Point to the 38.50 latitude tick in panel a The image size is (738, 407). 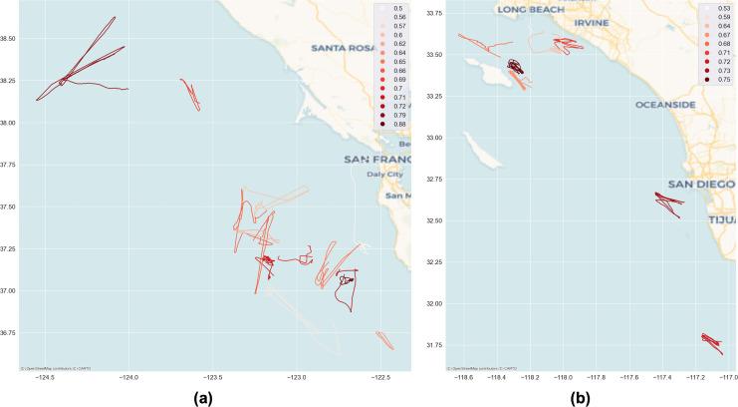tap(12, 39)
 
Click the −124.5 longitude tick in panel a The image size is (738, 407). tap(45, 378)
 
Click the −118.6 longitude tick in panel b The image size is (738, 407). tap(463, 378)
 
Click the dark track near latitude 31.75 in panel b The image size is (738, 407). tap(711, 341)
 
